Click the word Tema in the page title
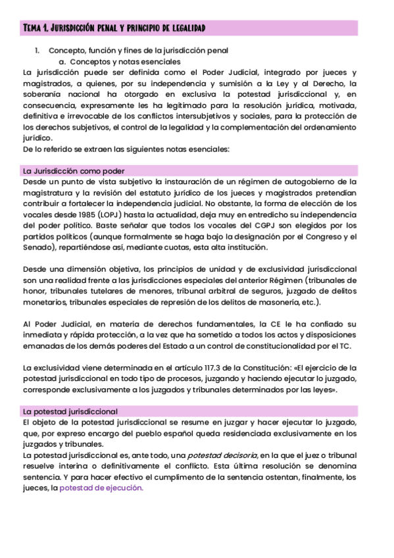click(x=32, y=28)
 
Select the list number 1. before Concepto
click(x=37, y=51)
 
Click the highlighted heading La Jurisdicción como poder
click(x=74, y=170)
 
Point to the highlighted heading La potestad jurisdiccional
click(x=70, y=411)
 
